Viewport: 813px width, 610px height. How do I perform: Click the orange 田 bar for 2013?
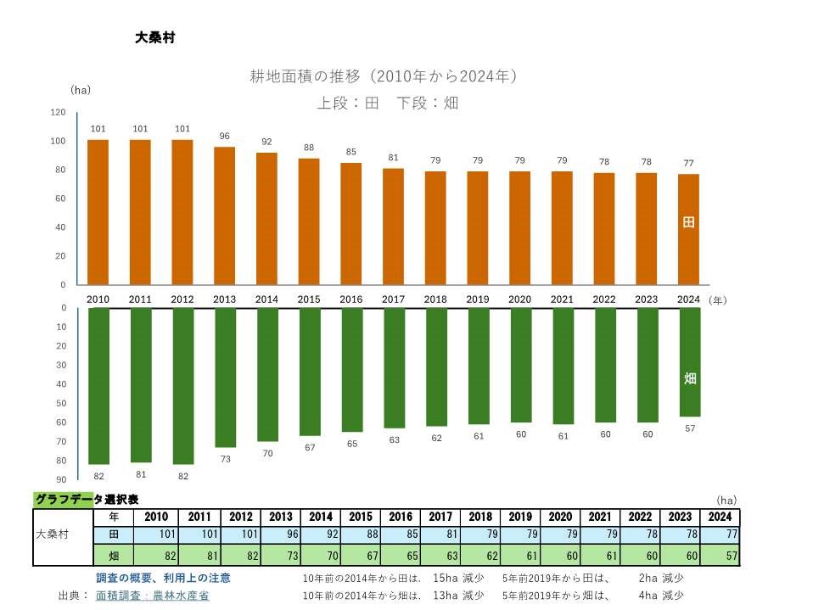pos(224,215)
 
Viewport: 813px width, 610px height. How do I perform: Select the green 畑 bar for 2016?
pos(351,369)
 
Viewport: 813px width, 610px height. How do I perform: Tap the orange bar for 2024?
pos(689,229)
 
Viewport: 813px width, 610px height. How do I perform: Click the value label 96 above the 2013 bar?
pos(224,136)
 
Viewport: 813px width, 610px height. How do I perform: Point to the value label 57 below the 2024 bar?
pos(690,428)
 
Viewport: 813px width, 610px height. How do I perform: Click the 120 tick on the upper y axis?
pos(58,112)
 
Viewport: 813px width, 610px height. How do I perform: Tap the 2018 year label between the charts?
pos(435,299)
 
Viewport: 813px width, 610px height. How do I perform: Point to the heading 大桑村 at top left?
pos(154,37)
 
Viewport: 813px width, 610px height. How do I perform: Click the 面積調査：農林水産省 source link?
pos(153,596)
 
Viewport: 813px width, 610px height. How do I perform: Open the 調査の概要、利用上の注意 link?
pos(163,578)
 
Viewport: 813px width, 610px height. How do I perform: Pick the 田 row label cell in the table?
pos(114,535)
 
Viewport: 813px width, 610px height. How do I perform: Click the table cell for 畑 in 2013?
pos(280,556)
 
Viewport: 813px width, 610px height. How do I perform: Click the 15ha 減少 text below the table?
pos(458,578)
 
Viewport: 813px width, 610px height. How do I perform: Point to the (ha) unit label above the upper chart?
pos(81,89)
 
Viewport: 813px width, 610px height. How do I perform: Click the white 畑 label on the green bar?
pos(690,378)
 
